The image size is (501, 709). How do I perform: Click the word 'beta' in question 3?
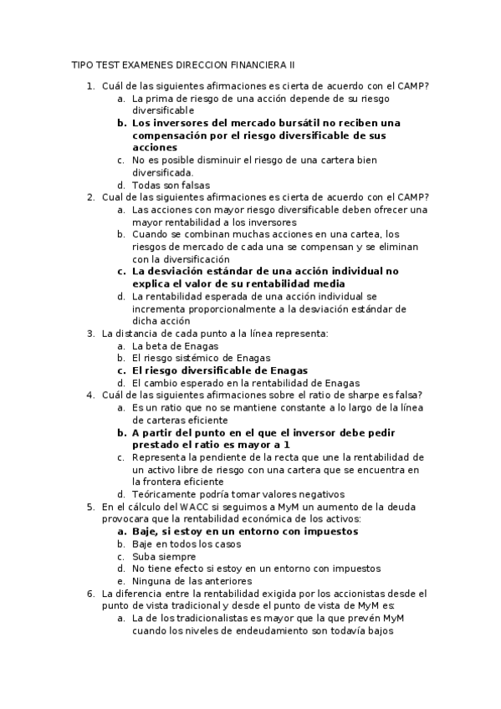(x=157, y=345)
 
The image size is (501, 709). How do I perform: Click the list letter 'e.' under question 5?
(x=121, y=581)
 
